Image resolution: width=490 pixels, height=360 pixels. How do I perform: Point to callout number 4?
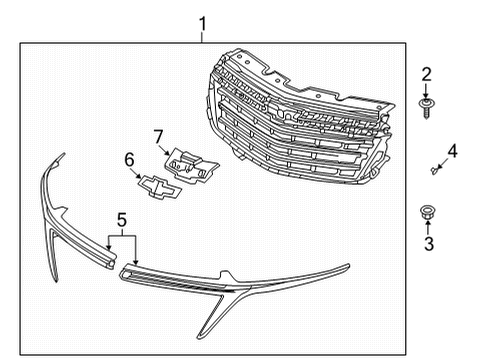click(x=452, y=152)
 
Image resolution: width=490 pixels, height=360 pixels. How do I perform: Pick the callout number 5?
click(x=121, y=219)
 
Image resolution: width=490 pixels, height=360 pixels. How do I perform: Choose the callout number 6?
click(x=129, y=159)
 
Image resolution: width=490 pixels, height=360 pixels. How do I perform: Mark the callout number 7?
click(x=157, y=136)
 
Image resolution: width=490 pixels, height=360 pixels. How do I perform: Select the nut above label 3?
click(x=425, y=213)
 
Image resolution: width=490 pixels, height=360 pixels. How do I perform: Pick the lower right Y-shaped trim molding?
click(x=240, y=285)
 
